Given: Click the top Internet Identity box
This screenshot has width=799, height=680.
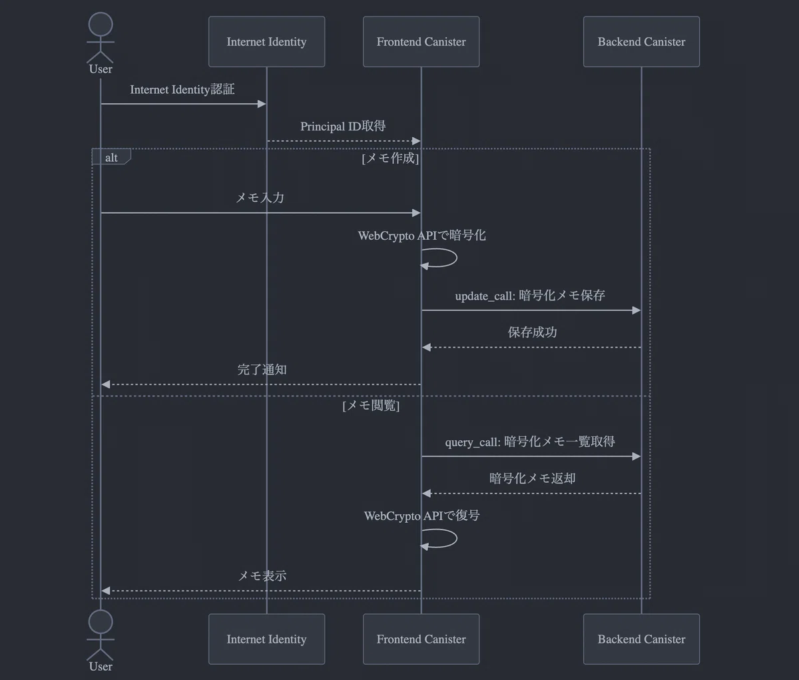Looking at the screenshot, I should [266, 42].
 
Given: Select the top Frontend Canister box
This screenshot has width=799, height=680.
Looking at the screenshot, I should [421, 42].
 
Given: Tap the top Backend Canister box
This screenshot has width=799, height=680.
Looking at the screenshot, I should [641, 42].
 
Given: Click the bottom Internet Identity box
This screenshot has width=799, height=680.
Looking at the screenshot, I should [266, 639].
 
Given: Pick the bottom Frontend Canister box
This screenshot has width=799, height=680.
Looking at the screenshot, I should [421, 639].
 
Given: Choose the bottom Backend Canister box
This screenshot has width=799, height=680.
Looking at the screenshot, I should [641, 639].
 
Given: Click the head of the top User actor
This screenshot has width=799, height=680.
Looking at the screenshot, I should [101, 25].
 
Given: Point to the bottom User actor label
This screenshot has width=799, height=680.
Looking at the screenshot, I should [101, 667].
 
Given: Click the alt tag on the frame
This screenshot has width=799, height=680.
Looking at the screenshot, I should [111, 158].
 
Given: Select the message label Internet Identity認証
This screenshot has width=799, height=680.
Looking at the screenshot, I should [182, 90].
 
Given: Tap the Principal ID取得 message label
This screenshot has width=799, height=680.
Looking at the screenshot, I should [343, 127].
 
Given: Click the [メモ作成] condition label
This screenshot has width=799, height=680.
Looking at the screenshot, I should [390, 159].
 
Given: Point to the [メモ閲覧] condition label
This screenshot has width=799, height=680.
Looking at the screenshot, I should [371, 406].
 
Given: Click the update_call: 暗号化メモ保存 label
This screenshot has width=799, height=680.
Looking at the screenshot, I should [530, 296].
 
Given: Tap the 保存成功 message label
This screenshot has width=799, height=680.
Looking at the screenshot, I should [532, 332].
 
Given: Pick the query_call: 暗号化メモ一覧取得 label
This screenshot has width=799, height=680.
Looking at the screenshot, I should [530, 442].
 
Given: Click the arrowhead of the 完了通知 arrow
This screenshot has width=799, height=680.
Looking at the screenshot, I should [105, 384].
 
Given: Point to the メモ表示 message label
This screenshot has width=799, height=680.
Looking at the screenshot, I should [262, 576].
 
